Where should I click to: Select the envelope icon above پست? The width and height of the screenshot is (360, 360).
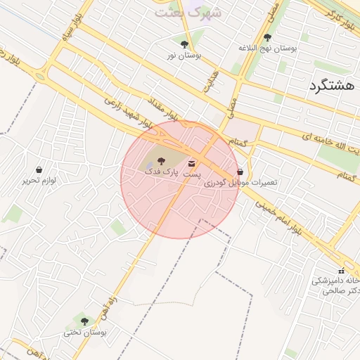click(x=193, y=163)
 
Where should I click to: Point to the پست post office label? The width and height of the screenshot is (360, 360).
click(x=192, y=172)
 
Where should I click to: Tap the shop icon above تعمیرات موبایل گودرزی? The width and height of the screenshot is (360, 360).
click(x=240, y=172)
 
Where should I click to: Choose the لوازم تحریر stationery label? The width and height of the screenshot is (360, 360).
click(x=38, y=179)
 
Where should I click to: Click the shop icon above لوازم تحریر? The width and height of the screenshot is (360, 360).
click(x=38, y=169)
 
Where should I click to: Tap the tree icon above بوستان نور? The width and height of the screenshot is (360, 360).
click(x=184, y=44)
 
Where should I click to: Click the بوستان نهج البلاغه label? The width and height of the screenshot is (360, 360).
click(x=268, y=48)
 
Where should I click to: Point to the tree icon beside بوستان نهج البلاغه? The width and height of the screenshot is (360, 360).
click(x=267, y=38)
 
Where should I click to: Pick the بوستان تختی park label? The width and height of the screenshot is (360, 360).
click(x=85, y=332)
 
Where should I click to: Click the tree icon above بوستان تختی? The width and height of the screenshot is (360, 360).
click(x=85, y=322)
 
